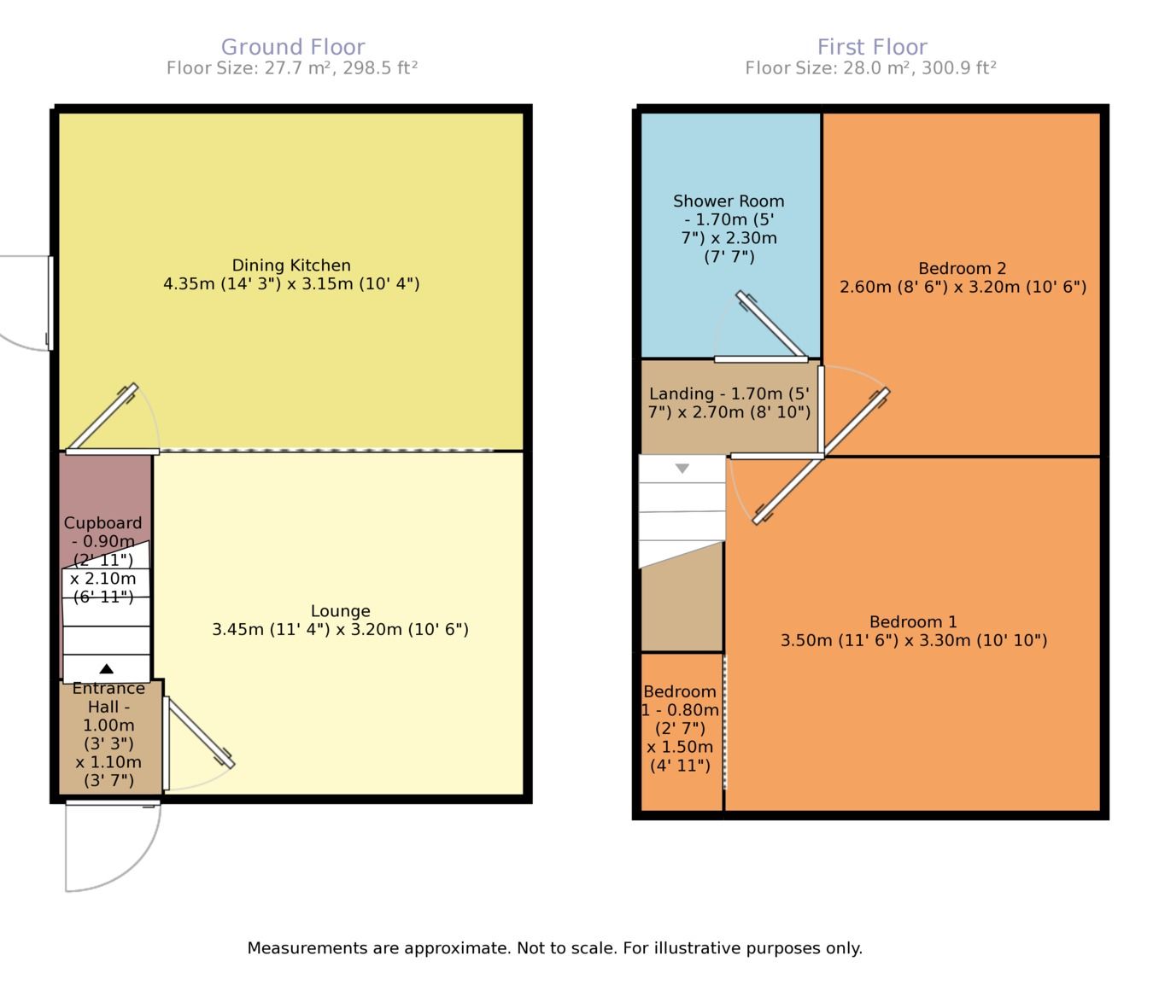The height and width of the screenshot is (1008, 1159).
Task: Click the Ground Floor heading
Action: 293,46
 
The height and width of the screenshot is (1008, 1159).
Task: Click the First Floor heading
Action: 872,46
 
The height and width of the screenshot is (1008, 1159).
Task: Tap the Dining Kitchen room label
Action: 291,265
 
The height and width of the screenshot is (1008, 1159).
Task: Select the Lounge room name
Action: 341,610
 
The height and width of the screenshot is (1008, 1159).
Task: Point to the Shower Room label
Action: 729,201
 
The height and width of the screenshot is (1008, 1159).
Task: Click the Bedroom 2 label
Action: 963,268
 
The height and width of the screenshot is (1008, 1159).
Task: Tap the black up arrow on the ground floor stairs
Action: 107,669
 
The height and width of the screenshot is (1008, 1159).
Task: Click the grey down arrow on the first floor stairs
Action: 682,469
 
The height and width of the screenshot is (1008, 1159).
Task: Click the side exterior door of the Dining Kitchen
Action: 50,303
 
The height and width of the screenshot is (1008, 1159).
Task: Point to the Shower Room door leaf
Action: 771,324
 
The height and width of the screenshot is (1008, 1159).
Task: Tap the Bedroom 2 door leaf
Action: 856,422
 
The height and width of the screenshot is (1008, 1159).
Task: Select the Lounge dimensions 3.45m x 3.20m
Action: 341,629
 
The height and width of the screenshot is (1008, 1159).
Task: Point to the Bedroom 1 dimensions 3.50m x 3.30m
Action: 914,640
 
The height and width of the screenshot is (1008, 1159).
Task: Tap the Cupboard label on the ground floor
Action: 102,523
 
